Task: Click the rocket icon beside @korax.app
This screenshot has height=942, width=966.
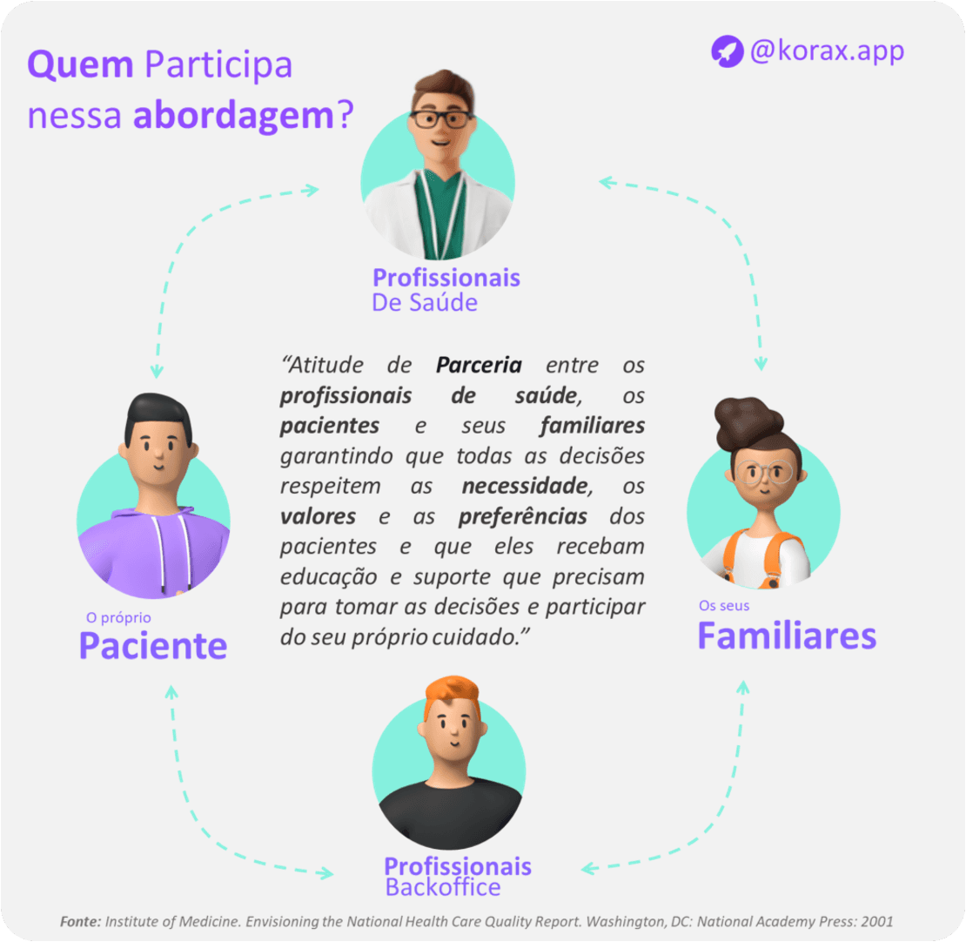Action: [x=727, y=51]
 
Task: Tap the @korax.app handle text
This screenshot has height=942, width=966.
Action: [x=827, y=51]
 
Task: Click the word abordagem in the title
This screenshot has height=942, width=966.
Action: [x=233, y=116]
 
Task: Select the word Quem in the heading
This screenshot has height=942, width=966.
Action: [x=80, y=65]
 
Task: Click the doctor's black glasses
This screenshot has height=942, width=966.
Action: [x=441, y=119]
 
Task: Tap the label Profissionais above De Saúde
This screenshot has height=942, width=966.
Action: [x=446, y=278]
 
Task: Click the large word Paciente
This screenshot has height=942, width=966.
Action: [x=153, y=646]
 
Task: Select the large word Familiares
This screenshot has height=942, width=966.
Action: [x=787, y=636]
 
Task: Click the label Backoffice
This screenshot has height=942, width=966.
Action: [x=443, y=887]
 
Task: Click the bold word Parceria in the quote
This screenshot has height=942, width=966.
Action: [x=479, y=365]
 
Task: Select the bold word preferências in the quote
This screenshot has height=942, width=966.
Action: [x=523, y=516]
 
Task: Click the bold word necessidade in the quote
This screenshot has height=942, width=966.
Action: [x=523, y=486]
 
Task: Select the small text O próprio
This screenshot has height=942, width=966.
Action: [x=117, y=617]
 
